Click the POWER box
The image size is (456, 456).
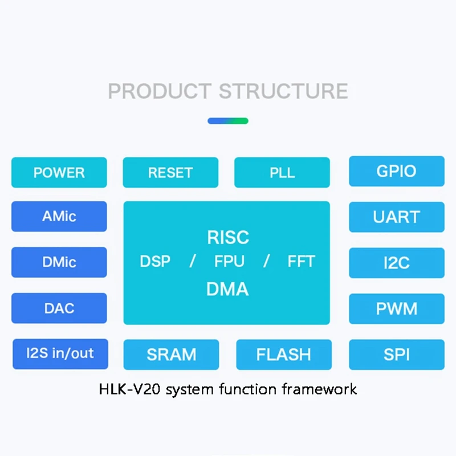pyautogui.click(x=59, y=172)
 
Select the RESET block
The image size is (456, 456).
pyautogui.click(x=170, y=172)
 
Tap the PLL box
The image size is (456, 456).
pyautogui.click(x=282, y=172)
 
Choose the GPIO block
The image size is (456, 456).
pyautogui.click(x=396, y=171)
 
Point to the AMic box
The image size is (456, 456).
pyautogui.click(x=59, y=217)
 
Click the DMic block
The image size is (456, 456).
pyautogui.click(x=59, y=262)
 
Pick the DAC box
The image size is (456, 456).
pyautogui.click(x=59, y=308)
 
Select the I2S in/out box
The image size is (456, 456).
pyautogui.click(x=60, y=353)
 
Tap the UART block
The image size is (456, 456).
pyautogui.click(x=396, y=217)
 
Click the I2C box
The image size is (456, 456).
pyautogui.click(x=396, y=263)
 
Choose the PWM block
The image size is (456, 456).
pyautogui.click(x=396, y=309)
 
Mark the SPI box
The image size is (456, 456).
pyautogui.click(x=396, y=355)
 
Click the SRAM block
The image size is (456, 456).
pyautogui.click(x=171, y=355)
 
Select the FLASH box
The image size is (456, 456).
pyautogui.click(x=284, y=355)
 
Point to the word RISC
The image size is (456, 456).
pyautogui.click(x=227, y=237)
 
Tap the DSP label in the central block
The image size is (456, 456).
pyautogui.click(x=155, y=262)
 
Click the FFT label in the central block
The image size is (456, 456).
pyautogui.click(x=301, y=262)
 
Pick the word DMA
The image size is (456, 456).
pyautogui.click(x=227, y=289)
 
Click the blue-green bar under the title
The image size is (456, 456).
pyautogui.click(x=227, y=121)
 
